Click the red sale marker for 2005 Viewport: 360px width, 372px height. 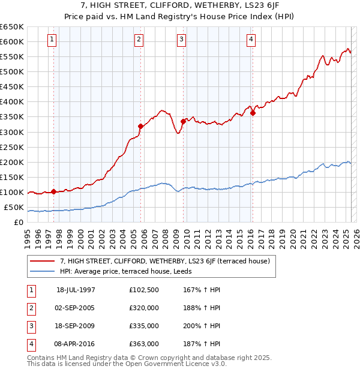click(140, 126)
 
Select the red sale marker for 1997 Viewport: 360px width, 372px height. click(54, 191)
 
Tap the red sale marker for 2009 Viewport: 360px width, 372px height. click(183, 121)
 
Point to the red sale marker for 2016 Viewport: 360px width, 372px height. click(253, 113)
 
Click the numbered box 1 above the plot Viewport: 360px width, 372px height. click(52, 40)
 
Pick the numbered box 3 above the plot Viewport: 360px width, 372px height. click(181, 40)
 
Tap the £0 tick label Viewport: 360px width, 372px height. click(19, 223)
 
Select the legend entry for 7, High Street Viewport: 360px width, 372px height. click(165, 261)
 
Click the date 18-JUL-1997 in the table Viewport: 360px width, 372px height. click(76, 289)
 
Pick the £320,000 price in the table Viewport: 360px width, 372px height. click(144, 308)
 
